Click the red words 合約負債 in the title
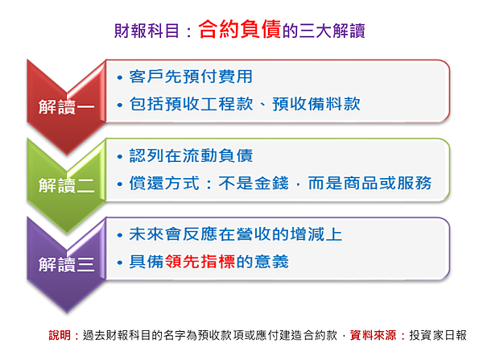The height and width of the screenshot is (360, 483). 240,29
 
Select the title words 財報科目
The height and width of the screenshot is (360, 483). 147,31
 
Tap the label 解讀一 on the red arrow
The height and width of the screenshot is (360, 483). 67,107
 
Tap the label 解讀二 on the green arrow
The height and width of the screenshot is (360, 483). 67,185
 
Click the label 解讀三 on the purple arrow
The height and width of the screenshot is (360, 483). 67,264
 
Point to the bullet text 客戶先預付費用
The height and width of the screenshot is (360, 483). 191,77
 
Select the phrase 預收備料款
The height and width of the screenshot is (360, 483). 316,104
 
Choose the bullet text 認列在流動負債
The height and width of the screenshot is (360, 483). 191,155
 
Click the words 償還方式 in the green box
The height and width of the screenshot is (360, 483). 164,183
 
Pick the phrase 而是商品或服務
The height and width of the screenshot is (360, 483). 369,183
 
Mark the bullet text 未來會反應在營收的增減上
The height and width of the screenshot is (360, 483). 236,234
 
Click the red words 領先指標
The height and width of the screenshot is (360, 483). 200,262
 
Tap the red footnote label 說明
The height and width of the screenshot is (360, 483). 60,335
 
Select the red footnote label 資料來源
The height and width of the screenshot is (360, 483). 373,335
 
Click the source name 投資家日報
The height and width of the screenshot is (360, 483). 438,335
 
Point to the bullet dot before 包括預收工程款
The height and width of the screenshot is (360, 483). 120,106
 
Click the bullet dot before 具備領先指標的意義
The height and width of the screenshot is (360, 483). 120,263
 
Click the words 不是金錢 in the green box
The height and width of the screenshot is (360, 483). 254,183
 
